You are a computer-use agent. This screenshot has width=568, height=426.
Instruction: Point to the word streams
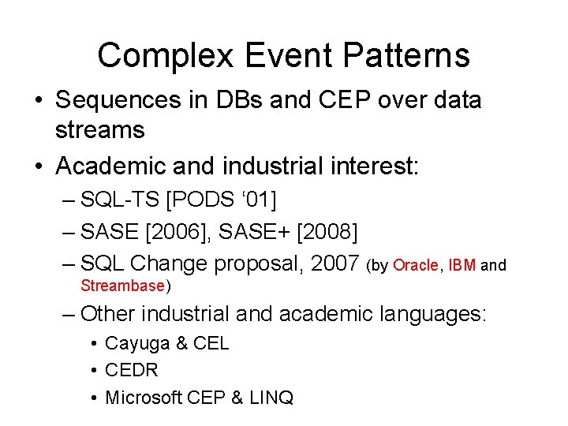coord(99,129)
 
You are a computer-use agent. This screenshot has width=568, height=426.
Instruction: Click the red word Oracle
coord(415,266)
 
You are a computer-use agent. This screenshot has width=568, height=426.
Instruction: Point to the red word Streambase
coord(122,286)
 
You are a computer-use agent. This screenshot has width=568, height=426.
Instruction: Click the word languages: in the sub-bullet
coord(434,314)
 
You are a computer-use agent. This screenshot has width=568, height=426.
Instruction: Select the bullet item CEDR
coord(132,371)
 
